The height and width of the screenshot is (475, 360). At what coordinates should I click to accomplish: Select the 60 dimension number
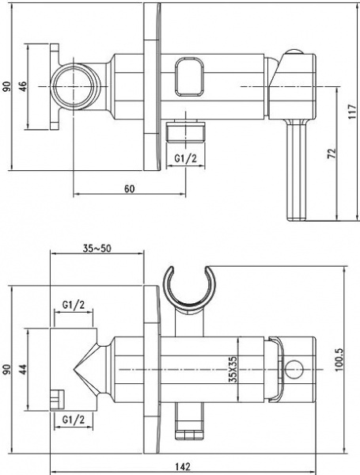click(129, 188)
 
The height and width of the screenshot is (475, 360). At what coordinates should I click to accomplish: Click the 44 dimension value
click(23, 368)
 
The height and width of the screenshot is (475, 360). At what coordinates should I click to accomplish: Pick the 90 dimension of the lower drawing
click(7, 369)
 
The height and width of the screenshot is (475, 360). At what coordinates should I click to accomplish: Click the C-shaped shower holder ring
click(188, 285)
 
